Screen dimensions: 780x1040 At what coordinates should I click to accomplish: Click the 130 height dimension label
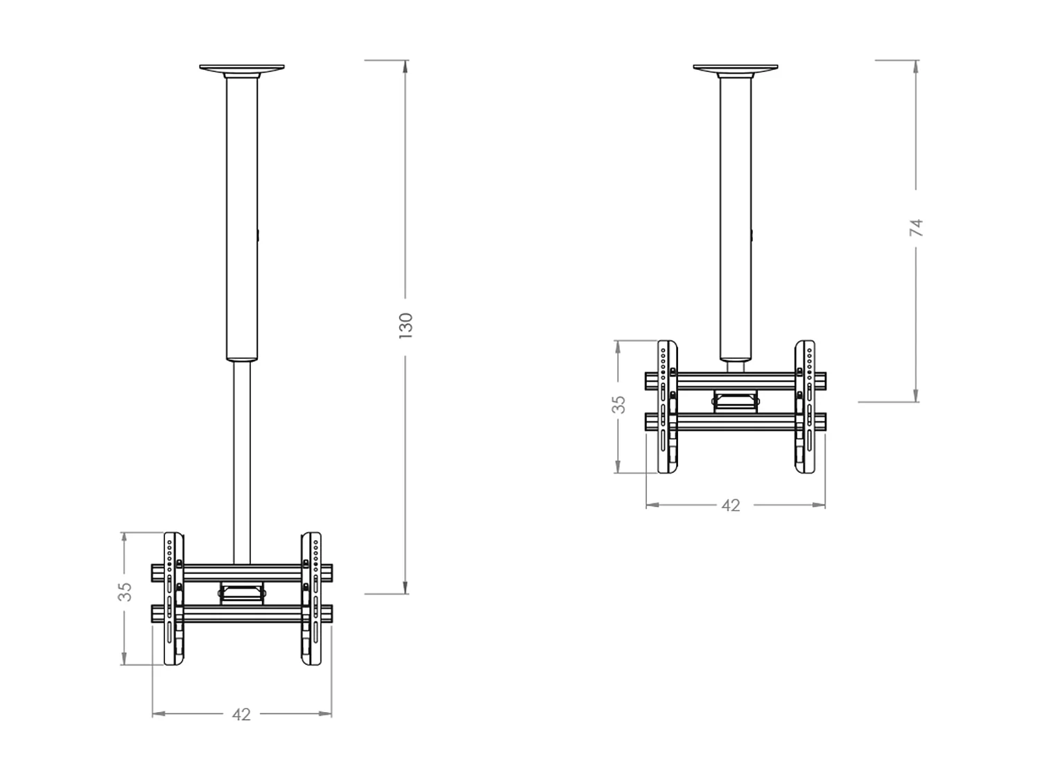tap(406, 325)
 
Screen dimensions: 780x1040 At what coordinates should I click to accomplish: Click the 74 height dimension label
tap(916, 227)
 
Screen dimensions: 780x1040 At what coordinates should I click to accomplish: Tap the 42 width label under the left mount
tap(241, 714)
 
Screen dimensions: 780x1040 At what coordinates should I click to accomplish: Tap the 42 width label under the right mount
tap(731, 505)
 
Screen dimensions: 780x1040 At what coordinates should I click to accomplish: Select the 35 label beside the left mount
tap(125, 591)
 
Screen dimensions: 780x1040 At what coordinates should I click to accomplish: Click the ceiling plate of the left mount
tap(242, 69)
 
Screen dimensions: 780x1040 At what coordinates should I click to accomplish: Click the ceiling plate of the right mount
tap(736, 69)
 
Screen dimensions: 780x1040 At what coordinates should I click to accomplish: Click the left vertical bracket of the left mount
tap(173, 599)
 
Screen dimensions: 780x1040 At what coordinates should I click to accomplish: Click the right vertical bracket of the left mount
tap(311, 599)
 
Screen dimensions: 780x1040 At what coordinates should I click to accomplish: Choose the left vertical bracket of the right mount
tap(667, 407)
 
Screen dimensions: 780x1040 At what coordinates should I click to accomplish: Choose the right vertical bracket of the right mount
tap(805, 407)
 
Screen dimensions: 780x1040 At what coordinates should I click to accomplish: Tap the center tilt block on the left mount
tap(242, 593)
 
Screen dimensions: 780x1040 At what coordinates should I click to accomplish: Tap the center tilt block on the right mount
tap(736, 401)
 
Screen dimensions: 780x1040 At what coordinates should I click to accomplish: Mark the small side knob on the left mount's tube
tap(258, 236)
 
